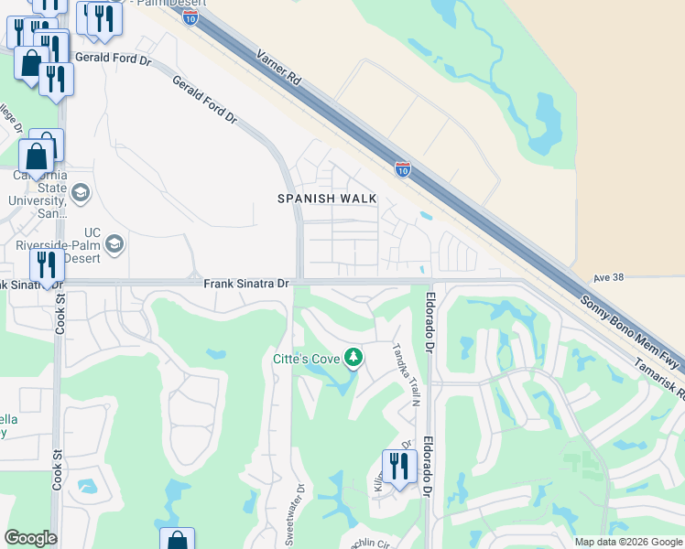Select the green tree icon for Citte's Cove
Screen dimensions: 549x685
tap(353, 358)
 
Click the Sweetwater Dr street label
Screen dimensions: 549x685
tap(298, 509)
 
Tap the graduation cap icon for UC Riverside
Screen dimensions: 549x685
tap(114, 243)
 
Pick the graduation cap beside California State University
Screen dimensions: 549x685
tap(80, 193)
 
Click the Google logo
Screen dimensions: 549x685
tap(30, 538)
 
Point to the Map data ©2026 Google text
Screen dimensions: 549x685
tap(627, 542)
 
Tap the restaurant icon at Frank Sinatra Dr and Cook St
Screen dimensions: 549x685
tap(46, 265)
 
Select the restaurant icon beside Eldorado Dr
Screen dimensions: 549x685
tap(399, 467)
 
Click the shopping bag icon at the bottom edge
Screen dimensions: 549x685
tap(177, 540)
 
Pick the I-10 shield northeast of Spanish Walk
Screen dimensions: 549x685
tap(402, 168)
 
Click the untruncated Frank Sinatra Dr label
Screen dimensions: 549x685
tap(245, 285)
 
